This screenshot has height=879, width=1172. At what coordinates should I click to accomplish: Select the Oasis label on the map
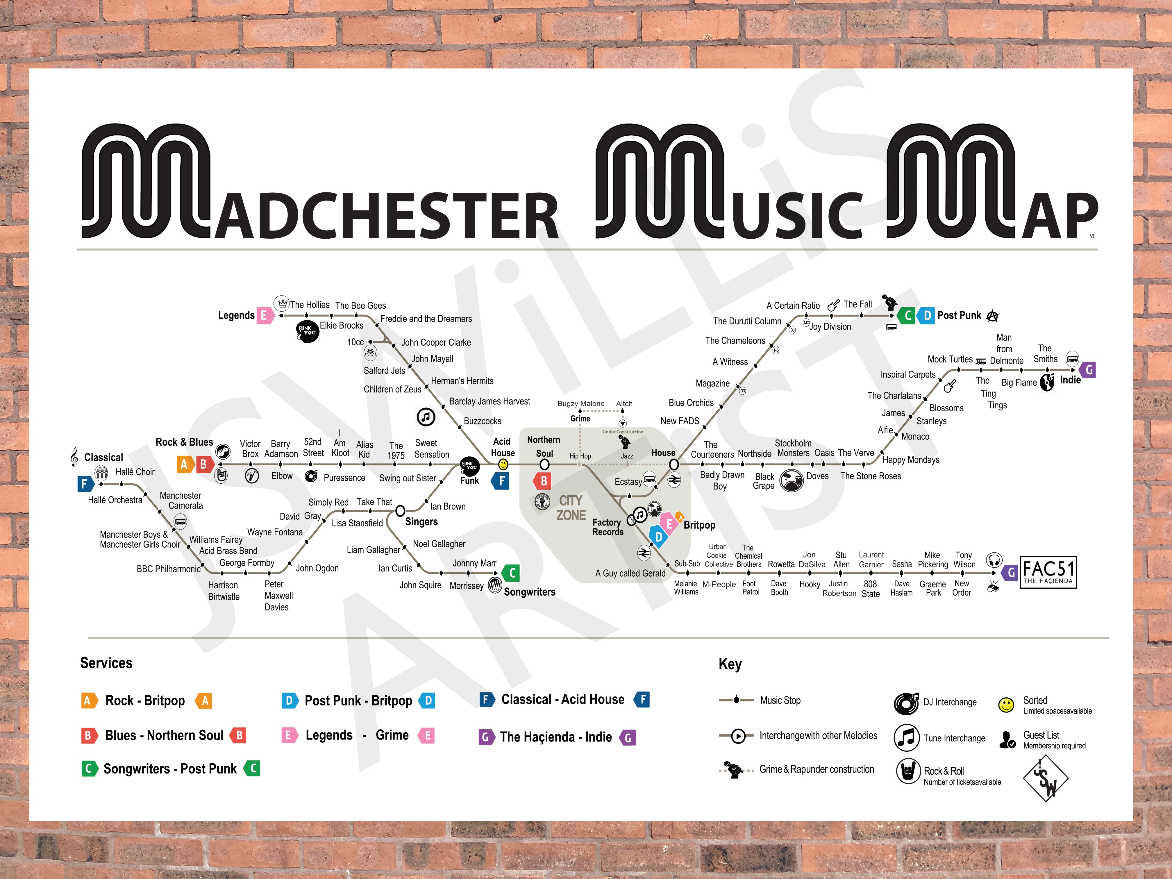824,453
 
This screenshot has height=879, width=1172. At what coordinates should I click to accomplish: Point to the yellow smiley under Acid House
503,464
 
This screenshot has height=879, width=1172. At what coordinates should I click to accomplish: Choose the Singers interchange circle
401,511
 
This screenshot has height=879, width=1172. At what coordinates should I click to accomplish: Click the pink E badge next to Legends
264,315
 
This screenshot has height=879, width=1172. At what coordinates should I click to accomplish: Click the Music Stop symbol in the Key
736,700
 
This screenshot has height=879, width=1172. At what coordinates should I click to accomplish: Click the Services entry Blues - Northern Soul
164,735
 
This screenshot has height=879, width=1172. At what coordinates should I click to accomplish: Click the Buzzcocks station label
482,421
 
